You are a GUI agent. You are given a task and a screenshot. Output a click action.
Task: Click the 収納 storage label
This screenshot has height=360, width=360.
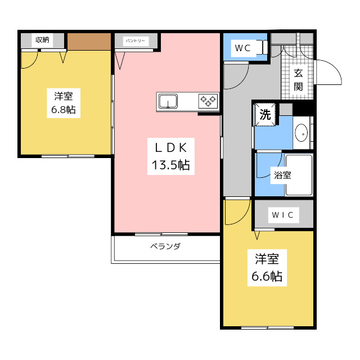42,40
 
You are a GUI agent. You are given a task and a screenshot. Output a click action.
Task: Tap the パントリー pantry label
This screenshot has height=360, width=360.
136,41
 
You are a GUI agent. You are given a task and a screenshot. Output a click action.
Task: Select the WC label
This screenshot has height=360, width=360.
242,48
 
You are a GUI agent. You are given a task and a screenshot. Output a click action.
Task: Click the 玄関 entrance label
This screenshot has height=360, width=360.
298,80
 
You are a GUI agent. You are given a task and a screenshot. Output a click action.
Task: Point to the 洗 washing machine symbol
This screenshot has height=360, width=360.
265,115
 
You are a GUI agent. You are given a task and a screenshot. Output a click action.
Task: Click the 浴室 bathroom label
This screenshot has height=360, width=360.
282,175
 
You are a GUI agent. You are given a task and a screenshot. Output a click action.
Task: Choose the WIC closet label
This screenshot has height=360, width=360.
282,215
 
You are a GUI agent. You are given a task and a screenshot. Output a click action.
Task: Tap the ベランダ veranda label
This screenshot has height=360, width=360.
165,246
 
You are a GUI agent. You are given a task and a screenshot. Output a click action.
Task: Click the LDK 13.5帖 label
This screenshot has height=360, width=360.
171,156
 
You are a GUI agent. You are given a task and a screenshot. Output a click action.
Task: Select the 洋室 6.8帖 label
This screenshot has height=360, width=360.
64,103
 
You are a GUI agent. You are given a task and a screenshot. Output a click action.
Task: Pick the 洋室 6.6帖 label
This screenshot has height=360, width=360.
267,268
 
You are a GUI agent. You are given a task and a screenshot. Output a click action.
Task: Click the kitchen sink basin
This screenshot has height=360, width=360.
168,101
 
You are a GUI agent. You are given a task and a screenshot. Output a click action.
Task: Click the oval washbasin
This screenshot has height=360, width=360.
301,133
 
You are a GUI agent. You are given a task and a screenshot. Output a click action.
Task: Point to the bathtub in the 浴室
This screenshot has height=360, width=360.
299,175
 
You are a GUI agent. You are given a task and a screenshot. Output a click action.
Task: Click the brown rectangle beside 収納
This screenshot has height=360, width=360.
89,42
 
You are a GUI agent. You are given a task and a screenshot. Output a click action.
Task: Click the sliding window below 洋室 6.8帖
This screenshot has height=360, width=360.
68,156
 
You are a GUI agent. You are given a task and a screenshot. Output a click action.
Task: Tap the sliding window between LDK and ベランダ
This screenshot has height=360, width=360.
161,234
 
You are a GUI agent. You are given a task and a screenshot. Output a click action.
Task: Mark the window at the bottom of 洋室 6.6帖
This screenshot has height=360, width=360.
268,327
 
